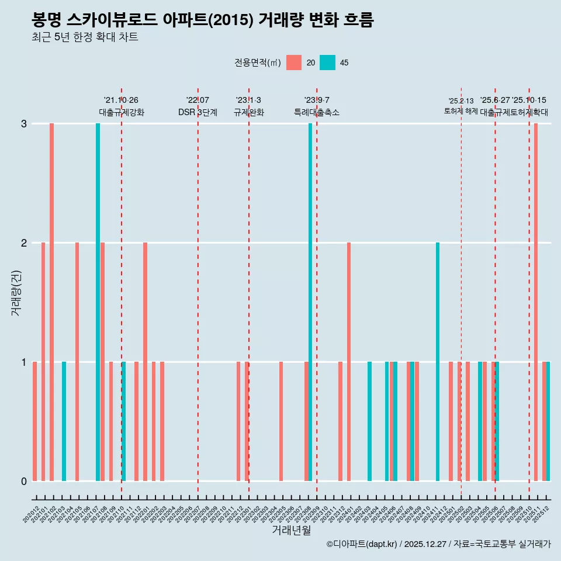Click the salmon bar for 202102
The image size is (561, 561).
[x=52, y=302]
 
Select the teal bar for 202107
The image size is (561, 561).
[x=98, y=302]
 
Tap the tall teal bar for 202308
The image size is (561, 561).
[x=310, y=302]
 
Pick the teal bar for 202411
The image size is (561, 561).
[x=438, y=362]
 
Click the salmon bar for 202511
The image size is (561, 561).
[x=536, y=302]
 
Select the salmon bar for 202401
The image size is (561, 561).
[x=349, y=362]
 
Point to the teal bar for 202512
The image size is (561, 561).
[x=548, y=421]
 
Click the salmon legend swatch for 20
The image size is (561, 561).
[x=294, y=63]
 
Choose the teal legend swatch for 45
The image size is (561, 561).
[x=328, y=63]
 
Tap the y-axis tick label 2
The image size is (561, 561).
[x=24, y=243]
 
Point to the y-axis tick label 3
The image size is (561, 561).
[x=24, y=123]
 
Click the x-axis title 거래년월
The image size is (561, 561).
[x=291, y=530]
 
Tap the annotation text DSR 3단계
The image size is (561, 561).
[x=198, y=112]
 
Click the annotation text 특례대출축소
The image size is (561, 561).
[x=316, y=112]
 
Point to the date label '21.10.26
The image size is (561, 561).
[x=121, y=100]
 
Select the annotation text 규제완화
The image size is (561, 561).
[x=249, y=112]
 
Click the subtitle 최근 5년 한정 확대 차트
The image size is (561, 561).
[x=85, y=37]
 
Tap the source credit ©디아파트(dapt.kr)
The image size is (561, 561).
[x=362, y=544]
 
